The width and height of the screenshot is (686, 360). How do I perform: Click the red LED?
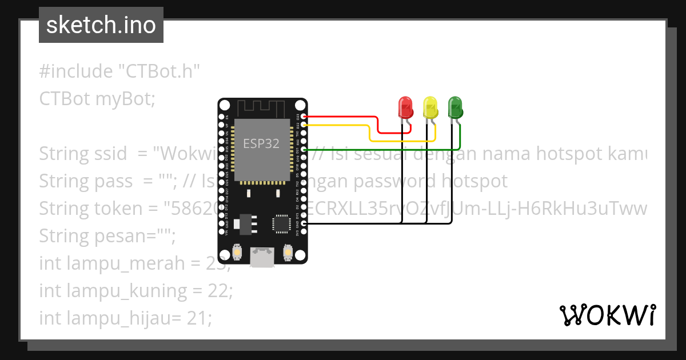pos(405,107)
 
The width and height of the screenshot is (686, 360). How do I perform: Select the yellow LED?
pos(430,107)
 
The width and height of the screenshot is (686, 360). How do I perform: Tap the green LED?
pos(455,107)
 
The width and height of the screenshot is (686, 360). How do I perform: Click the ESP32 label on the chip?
pos(261,143)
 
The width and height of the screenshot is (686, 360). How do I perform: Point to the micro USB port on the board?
pos(262,257)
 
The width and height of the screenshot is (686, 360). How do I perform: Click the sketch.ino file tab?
pos(101,25)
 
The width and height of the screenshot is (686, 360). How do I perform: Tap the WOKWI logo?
pos(608,315)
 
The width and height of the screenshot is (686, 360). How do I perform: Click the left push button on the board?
pos(237,252)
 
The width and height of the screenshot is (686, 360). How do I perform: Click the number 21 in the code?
pos(196,318)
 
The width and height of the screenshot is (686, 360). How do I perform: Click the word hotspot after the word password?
pos(469,181)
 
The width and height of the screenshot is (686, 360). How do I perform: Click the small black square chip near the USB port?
pos(282,223)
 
